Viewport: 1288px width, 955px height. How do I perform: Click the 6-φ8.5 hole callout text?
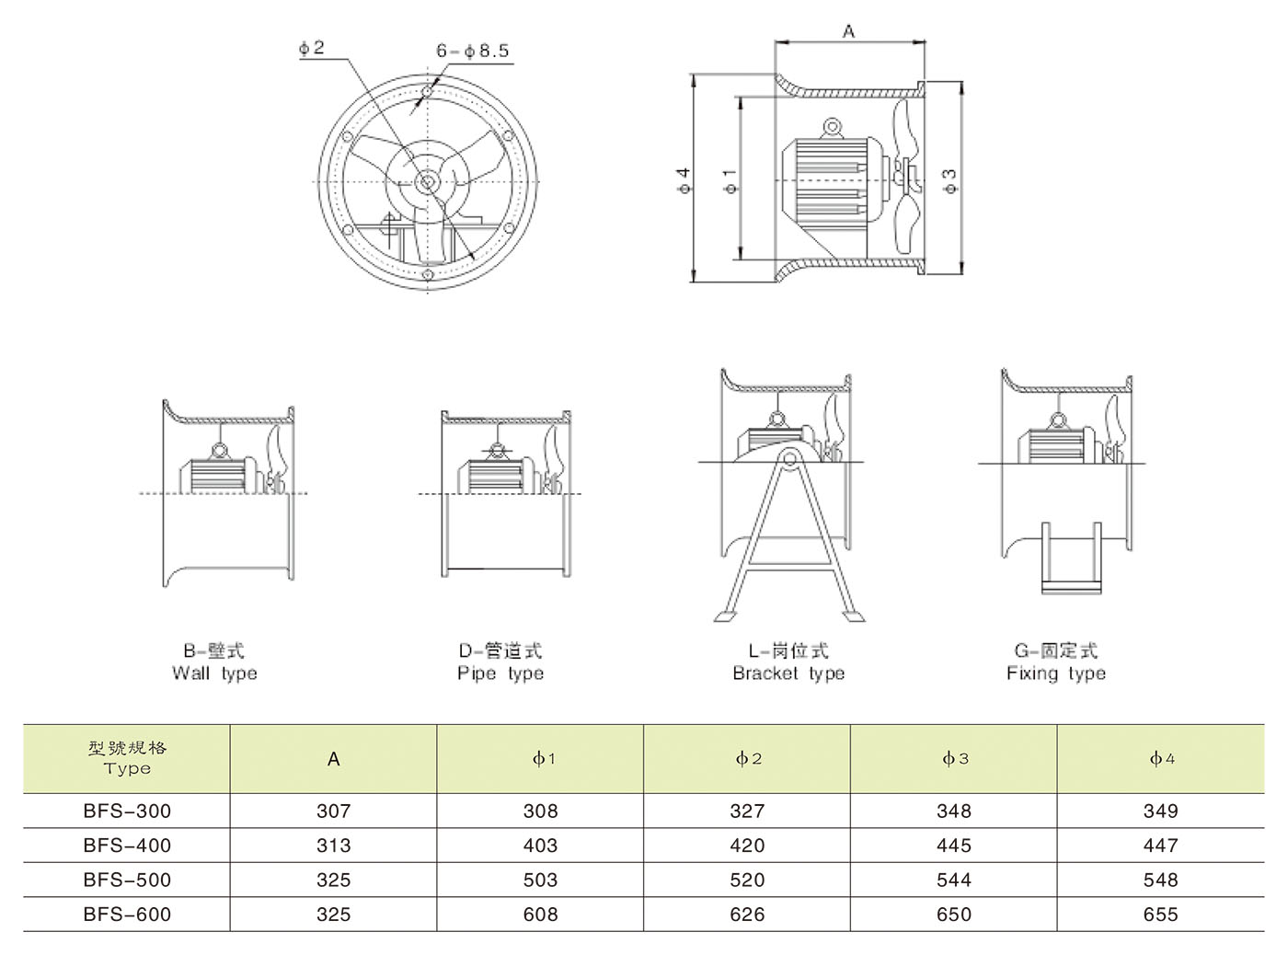tap(472, 52)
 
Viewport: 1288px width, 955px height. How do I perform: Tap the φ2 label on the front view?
tap(312, 48)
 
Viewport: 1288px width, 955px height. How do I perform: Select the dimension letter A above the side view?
tap(848, 32)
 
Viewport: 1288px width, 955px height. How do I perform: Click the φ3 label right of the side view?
tap(950, 179)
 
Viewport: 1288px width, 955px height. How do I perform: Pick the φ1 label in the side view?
tap(730, 180)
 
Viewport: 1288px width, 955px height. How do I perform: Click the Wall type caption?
tap(214, 673)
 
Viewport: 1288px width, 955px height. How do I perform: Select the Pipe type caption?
tap(500, 673)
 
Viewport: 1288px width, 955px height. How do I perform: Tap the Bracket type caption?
tap(788, 673)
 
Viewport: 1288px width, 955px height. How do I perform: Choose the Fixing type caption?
tap(1056, 673)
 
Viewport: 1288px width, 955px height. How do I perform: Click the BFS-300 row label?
tap(127, 811)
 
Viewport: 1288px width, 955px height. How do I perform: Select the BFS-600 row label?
tap(127, 915)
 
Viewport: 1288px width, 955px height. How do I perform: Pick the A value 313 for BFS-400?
tap(333, 846)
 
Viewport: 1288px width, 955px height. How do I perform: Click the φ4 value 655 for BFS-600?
tap(1160, 915)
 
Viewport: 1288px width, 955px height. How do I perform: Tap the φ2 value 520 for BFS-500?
tap(747, 880)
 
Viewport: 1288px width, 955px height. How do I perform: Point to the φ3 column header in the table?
tap(954, 759)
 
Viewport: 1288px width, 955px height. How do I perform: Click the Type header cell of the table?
tap(127, 759)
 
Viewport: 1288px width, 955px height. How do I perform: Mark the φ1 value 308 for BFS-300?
tap(540, 811)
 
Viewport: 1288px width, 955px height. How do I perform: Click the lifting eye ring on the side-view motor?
tap(833, 127)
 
